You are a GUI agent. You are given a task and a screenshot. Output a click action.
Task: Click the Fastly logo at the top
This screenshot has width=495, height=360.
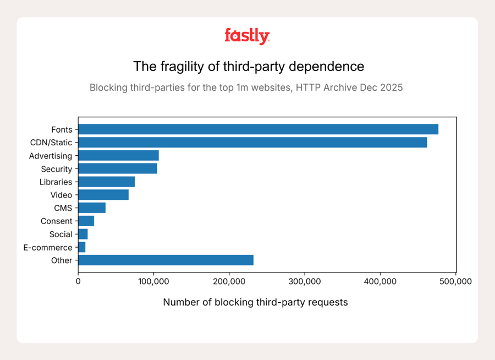pos(247,36)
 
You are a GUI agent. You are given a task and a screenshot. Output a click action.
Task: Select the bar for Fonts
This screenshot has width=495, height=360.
pos(258,129)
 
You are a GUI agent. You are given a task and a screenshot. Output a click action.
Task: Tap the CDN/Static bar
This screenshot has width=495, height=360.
pos(252,143)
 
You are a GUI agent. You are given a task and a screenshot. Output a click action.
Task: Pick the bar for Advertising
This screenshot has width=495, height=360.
pos(118,156)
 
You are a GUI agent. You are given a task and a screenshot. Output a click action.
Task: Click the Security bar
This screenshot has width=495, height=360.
pos(118,168)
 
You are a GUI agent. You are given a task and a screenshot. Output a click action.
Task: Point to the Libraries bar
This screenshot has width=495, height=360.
pos(106,182)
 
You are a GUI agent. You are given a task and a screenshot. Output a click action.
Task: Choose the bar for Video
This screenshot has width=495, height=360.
pos(103,195)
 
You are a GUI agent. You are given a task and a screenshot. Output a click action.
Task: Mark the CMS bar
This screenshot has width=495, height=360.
pos(92,208)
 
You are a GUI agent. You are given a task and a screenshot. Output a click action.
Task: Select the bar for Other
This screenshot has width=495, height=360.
pos(166,260)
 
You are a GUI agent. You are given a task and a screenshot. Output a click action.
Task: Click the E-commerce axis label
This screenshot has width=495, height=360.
pos(48,248)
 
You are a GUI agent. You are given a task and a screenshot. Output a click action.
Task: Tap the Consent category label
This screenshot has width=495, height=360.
pos(56,221)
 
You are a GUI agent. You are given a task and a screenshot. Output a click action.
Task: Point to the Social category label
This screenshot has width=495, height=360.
pos(61,234)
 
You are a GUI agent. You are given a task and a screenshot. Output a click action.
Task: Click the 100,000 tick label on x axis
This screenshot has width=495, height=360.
pos(153,282)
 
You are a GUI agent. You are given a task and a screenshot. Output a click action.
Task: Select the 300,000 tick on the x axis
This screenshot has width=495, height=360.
pos(305,282)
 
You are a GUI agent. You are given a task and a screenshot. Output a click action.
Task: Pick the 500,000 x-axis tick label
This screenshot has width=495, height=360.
pos(456,282)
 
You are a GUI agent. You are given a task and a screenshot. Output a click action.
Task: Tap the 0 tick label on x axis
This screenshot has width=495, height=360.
pos(78,282)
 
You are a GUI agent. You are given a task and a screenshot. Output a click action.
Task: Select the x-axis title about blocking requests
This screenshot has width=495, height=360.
pos(255,302)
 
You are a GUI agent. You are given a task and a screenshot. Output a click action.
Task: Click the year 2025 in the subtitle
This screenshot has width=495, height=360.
pos(392,88)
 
